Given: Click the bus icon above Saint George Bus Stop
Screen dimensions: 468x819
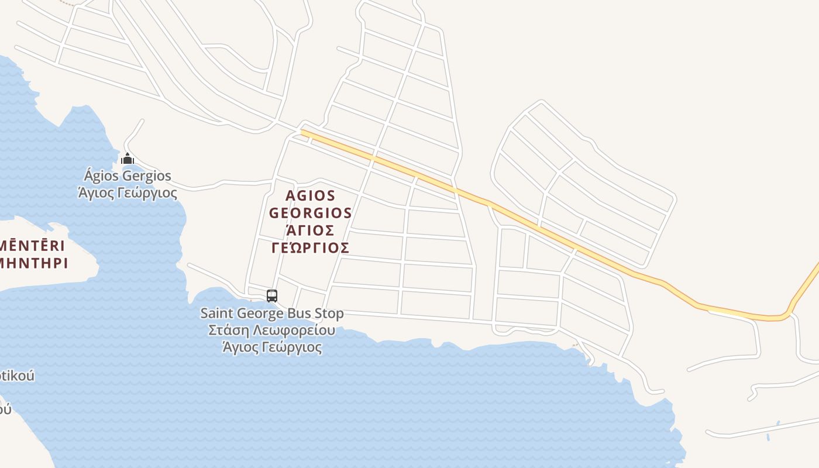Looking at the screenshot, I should tap(272, 296).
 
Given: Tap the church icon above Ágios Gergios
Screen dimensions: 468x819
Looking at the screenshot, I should tap(128, 159).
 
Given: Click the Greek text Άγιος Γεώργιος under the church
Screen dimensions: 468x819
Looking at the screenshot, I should tap(128, 192).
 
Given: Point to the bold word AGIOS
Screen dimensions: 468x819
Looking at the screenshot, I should tap(311, 195).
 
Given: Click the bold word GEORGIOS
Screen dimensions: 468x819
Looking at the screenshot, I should tap(311, 213).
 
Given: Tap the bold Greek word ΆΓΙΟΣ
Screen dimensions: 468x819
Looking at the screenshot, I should tap(310, 230).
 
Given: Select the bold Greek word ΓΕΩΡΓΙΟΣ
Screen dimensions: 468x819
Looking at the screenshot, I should tap(311, 247).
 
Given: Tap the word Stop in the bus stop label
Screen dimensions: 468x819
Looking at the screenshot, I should tap(329, 314).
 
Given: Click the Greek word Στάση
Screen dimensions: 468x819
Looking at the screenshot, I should tap(226, 330).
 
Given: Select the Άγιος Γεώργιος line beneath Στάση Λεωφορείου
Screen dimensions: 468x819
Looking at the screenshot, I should tap(272, 347).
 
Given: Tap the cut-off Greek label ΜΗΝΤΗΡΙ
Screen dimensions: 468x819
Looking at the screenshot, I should tap(33, 263).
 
